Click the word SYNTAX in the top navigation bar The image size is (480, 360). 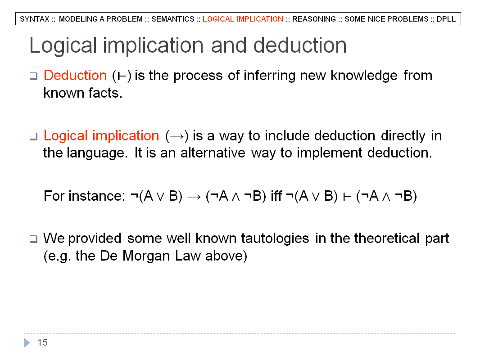click(x=35, y=19)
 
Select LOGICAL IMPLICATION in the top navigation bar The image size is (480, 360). click(x=243, y=19)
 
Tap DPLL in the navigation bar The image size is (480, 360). click(x=446, y=19)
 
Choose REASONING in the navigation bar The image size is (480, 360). click(x=314, y=19)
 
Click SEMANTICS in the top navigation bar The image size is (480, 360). click(x=172, y=19)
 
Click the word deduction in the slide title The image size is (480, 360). click(x=300, y=45)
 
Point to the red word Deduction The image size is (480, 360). click(x=75, y=75)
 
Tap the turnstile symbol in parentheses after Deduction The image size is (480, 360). click(x=122, y=76)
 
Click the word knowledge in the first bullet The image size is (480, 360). click(x=364, y=76)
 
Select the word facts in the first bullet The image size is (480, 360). click(x=105, y=93)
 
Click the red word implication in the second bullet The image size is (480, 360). click(x=126, y=136)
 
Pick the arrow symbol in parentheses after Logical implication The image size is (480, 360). click(x=177, y=136)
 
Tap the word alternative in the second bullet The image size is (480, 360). click(x=213, y=153)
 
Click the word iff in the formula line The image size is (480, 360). click(x=276, y=196)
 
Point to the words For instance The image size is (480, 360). click(x=85, y=196)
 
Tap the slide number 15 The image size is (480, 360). click(x=42, y=342)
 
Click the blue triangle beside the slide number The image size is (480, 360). click(x=27, y=342)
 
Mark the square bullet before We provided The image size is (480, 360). click(x=33, y=239)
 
